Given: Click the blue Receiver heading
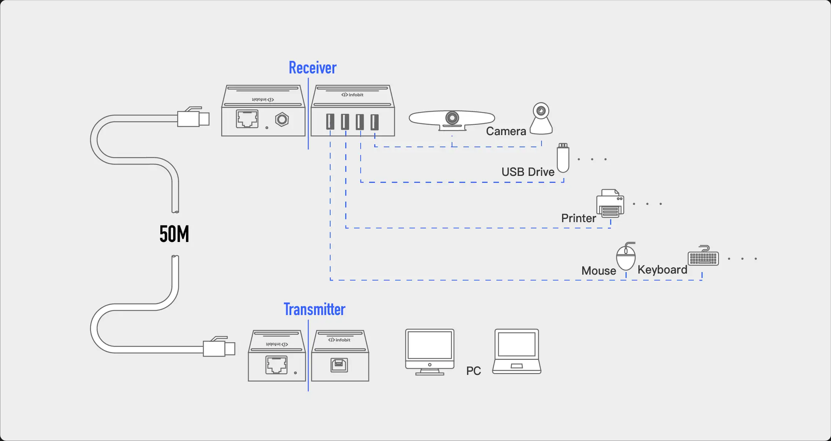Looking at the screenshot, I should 313,68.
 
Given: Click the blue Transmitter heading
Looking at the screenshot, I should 314,310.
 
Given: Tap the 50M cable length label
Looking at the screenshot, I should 174,234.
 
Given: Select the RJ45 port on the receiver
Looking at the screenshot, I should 247,119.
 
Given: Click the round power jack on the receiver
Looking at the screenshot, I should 282,119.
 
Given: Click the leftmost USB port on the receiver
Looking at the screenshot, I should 330,122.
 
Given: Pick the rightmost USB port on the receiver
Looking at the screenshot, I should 374,122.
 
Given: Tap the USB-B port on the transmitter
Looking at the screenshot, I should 339,365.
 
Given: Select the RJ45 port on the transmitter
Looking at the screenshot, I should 276,365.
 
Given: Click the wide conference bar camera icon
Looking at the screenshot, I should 452,119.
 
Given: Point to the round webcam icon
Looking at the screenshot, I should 541,119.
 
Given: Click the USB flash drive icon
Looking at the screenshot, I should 563,158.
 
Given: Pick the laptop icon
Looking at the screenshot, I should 517,351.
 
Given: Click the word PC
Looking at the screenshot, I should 473,371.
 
